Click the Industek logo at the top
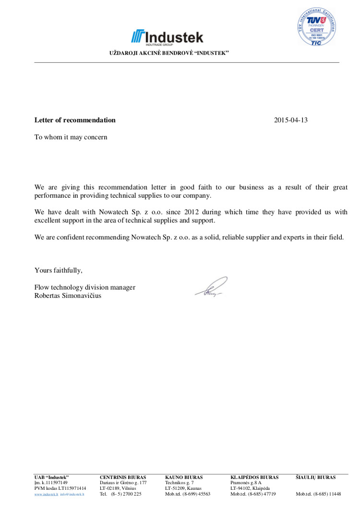(167, 37)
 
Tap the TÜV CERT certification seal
(315, 27)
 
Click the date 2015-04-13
(290, 120)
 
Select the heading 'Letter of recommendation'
(75, 120)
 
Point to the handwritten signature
(211, 288)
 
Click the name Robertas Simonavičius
(68, 296)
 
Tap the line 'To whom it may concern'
(71, 137)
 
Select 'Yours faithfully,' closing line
(58, 270)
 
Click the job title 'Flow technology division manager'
(84, 287)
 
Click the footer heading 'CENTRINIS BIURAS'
(122, 477)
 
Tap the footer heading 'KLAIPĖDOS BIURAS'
(254, 477)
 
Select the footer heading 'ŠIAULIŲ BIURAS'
(315, 477)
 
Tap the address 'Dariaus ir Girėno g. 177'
(123, 483)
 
